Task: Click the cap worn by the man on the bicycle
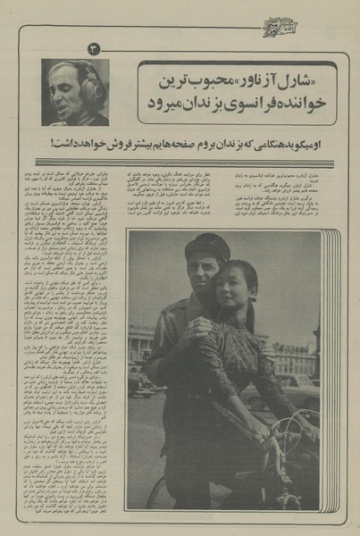206,249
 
